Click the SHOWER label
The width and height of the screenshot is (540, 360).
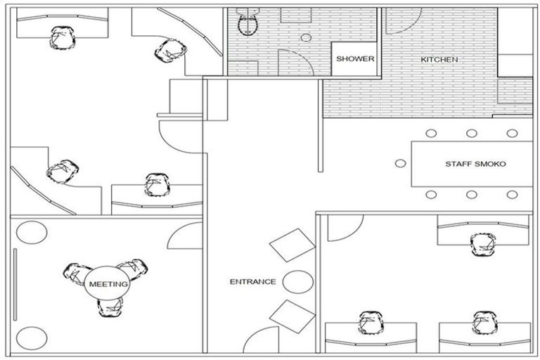(355, 59)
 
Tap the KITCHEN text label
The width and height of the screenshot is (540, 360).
(439, 60)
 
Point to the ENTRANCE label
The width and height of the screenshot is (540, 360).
(252, 282)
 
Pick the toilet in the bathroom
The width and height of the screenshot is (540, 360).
(247, 24)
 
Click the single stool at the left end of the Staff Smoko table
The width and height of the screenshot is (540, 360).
(400, 163)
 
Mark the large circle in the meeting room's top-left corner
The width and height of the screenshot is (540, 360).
(30, 232)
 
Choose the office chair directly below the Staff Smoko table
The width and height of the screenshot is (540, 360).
(482, 243)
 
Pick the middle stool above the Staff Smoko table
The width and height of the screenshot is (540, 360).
(470, 133)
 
